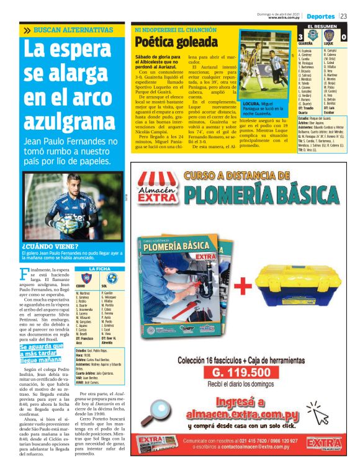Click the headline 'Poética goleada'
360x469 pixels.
(164, 42)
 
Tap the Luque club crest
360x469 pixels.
(330, 37)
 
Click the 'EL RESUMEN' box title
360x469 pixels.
(322, 27)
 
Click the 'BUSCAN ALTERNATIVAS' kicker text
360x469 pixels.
(73, 30)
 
